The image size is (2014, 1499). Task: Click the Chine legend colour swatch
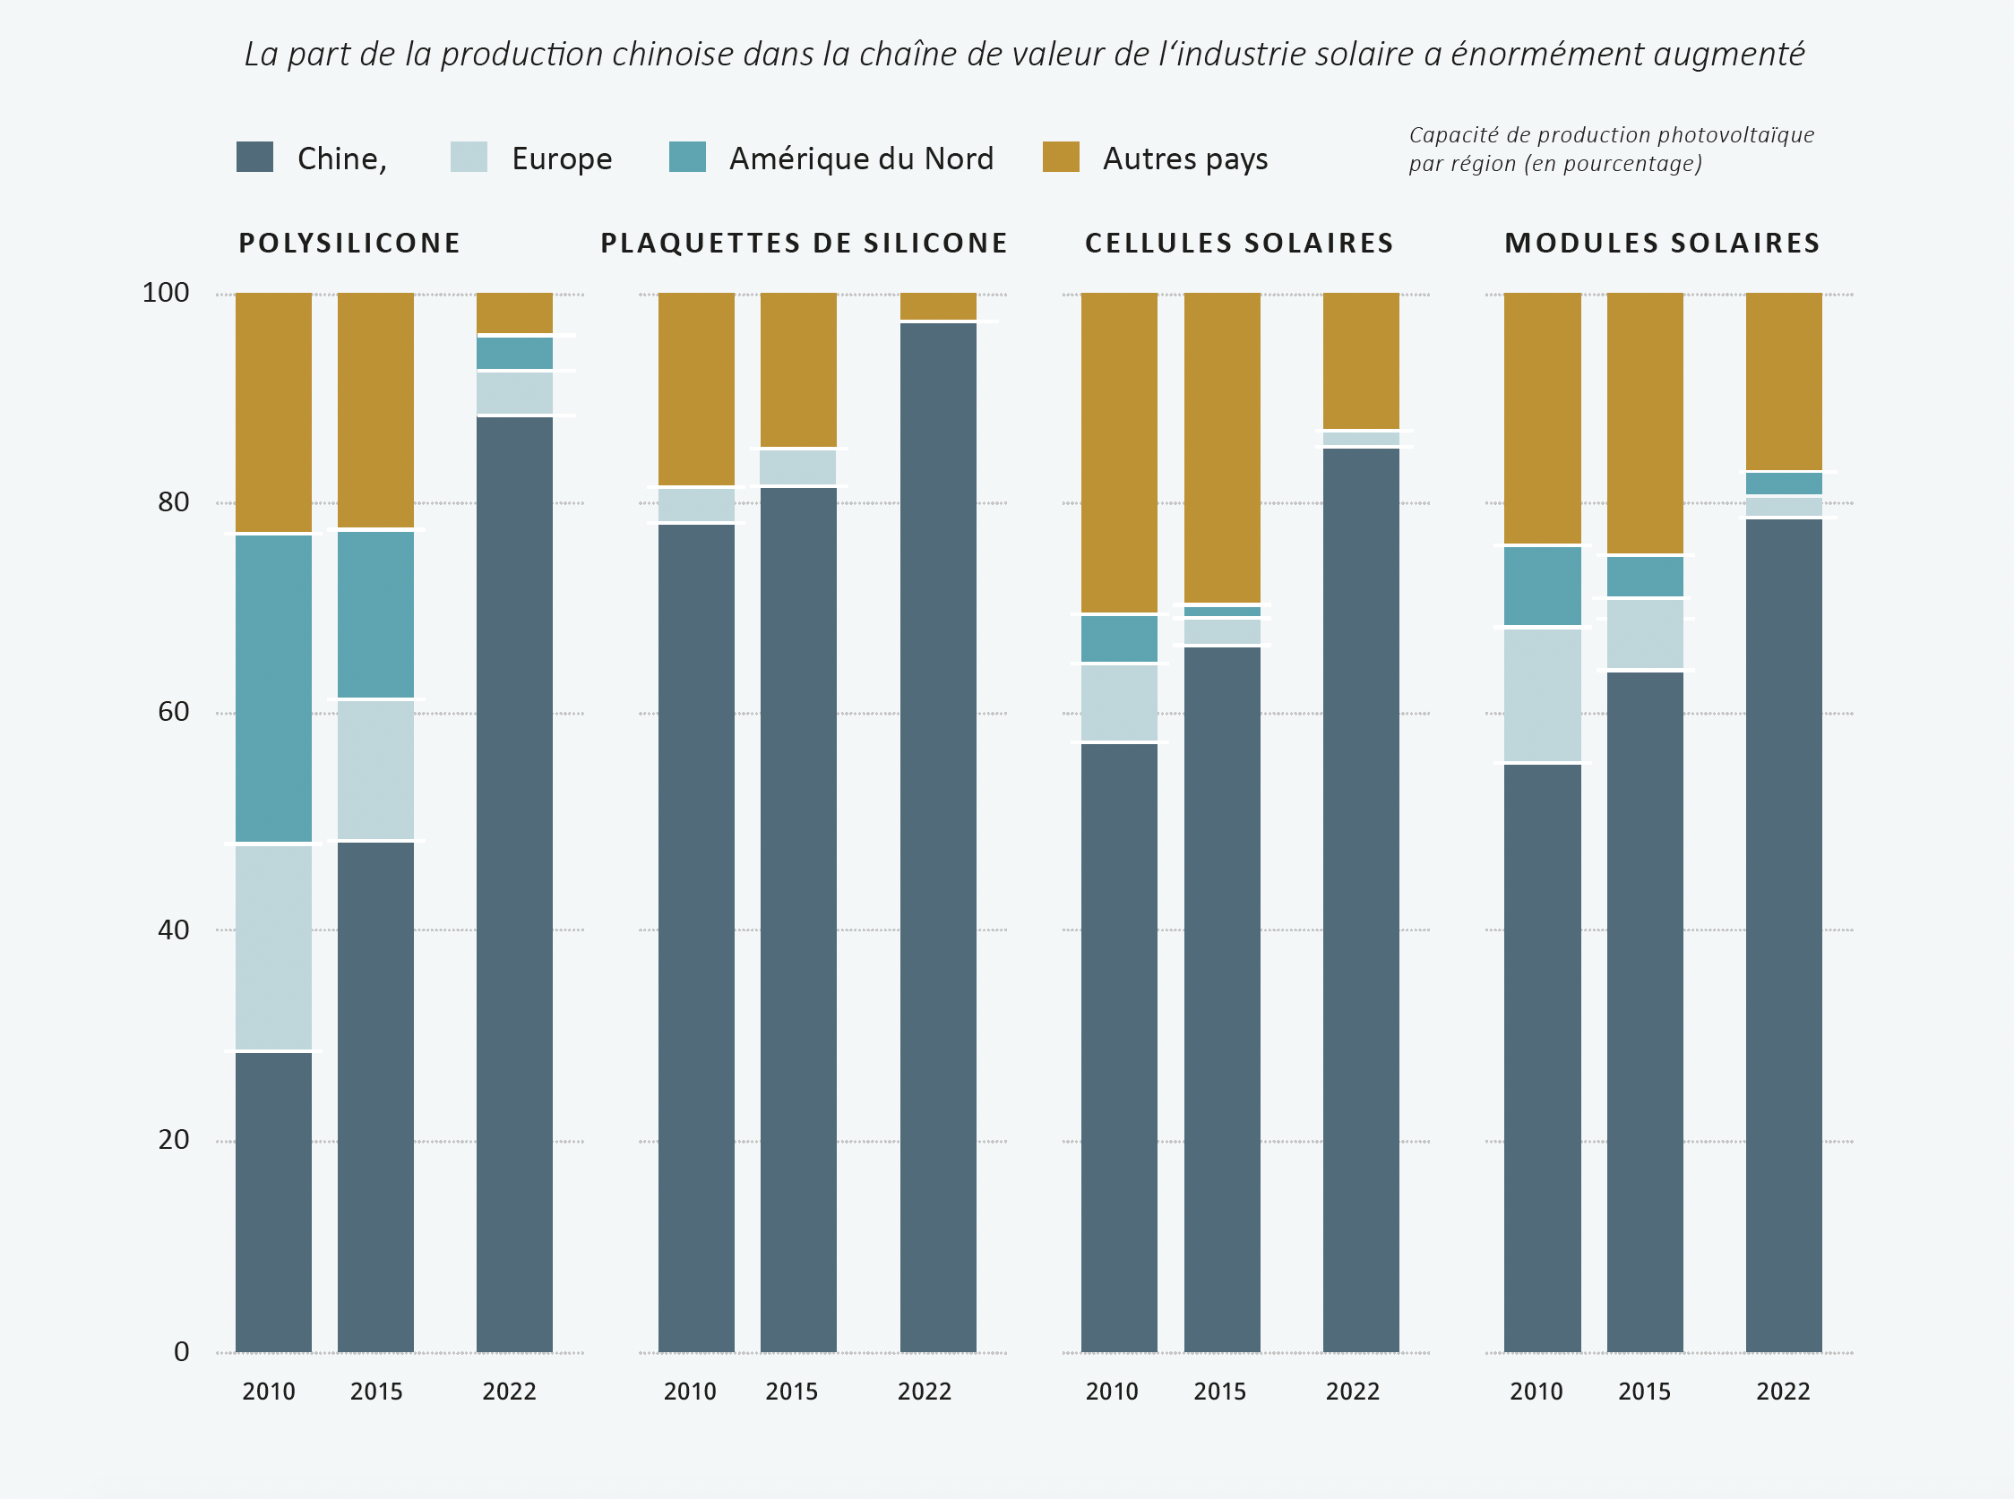254,157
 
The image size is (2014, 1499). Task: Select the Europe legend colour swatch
469,157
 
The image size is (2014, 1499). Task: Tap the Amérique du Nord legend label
861,158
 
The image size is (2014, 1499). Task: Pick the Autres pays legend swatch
1060,157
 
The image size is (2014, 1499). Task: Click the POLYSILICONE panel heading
349,244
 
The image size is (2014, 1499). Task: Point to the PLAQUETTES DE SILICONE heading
805,244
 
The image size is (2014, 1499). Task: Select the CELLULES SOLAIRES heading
1239,244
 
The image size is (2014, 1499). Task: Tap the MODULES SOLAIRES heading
1662,244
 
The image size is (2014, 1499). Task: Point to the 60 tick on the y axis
173,711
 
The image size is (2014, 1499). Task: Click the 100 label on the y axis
165,292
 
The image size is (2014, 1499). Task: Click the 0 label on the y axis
182,1352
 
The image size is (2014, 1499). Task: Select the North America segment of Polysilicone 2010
273,689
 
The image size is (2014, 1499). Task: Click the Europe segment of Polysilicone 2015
375,770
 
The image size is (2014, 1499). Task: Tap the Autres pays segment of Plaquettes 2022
938,305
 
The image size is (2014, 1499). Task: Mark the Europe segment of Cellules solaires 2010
1119,703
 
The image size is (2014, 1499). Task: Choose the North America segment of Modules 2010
1542,587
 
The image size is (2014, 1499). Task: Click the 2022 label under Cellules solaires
1351,1392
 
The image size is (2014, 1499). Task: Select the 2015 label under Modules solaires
1644,1392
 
